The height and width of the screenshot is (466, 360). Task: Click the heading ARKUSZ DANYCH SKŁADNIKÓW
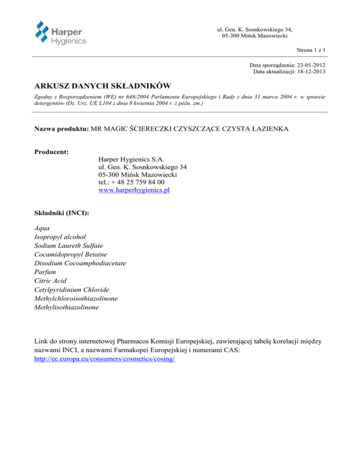click(102, 86)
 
